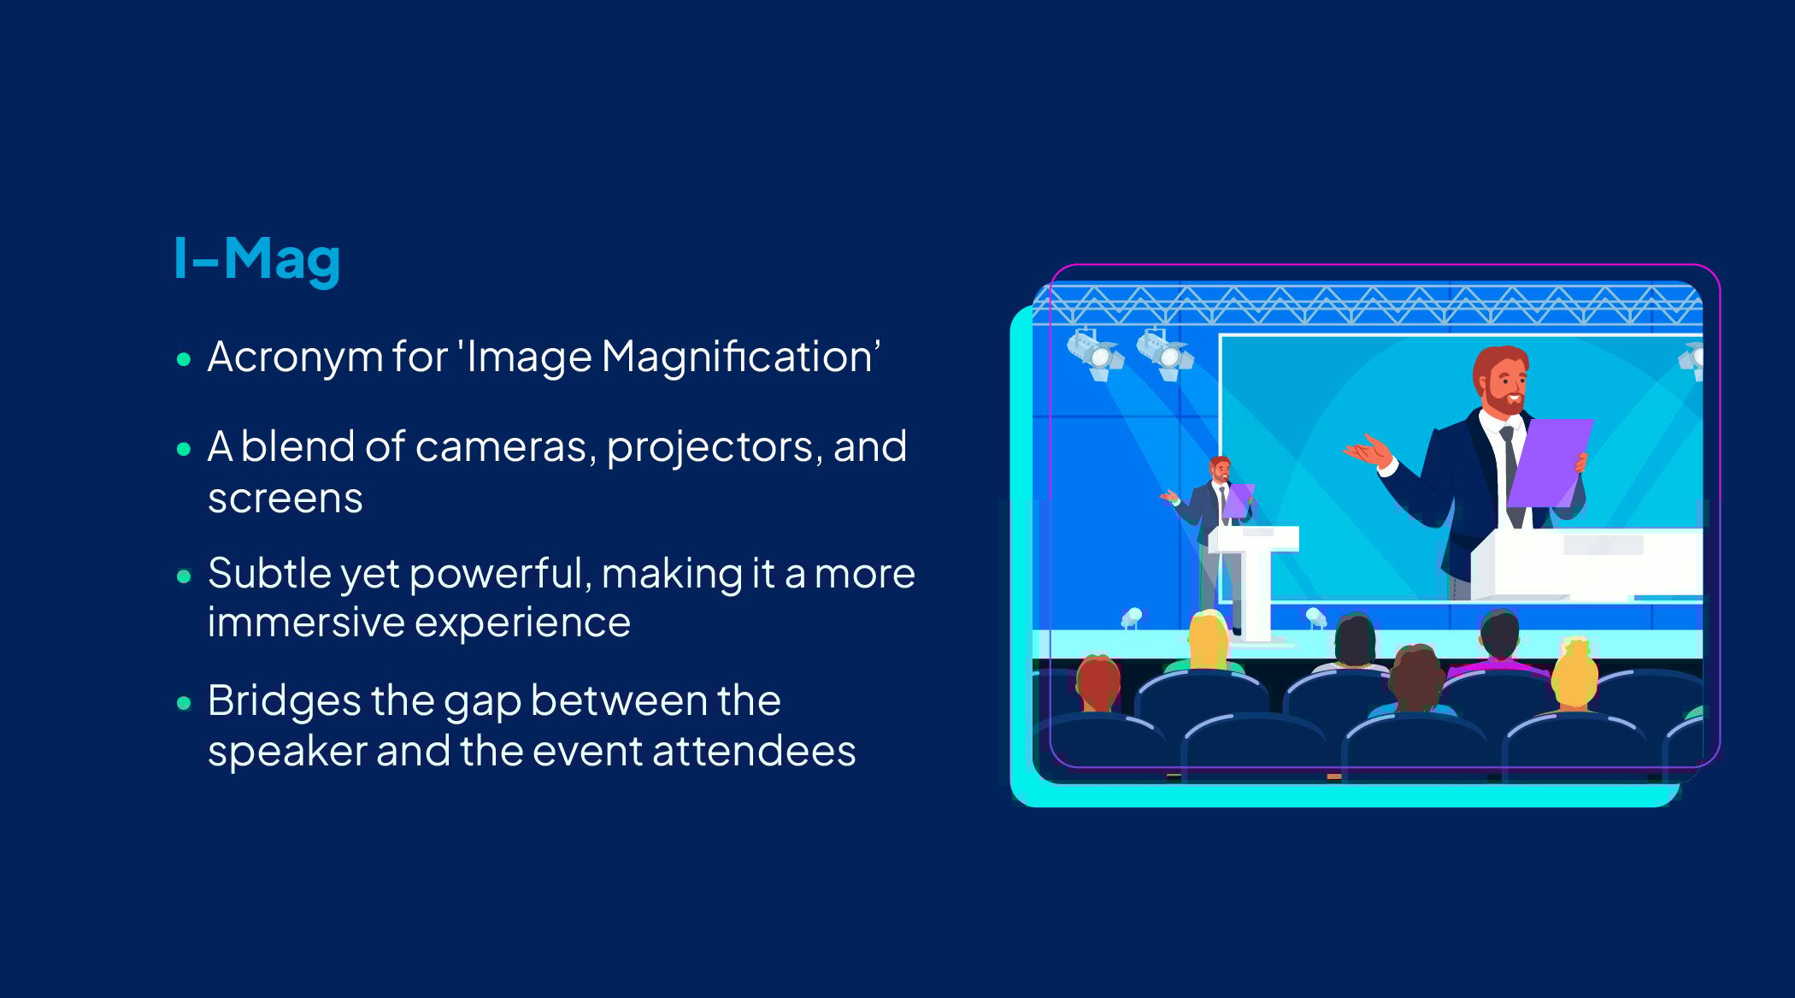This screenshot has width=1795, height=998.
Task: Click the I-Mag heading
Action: pyautogui.click(x=256, y=258)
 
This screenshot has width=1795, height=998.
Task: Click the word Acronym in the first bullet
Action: pyautogui.click(x=294, y=357)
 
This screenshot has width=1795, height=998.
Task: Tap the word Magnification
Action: pyautogui.click(x=740, y=357)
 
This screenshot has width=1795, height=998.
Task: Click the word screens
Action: pyautogui.click(x=285, y=499)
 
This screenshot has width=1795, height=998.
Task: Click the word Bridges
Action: pyautogui.click(x=284, y=701)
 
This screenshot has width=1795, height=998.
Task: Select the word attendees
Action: pyautogui.click(x=753, y=752)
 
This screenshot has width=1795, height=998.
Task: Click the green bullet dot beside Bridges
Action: pyautogui.click(x=184, y=703)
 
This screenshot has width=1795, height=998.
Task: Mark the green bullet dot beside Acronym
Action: pyautogui.click(x=184, y=359)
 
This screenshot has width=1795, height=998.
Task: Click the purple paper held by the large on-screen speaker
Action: pyautogui.click(x=1547, y=462)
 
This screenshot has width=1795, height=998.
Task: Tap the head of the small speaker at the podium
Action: pyautogui.click(x=1220, y=469)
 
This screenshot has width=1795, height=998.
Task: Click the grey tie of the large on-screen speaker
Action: pyautogui.click(x=1510, y=466)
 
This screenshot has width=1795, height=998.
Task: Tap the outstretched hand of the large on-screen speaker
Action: pyautogui.click(x=1368, y=450)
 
